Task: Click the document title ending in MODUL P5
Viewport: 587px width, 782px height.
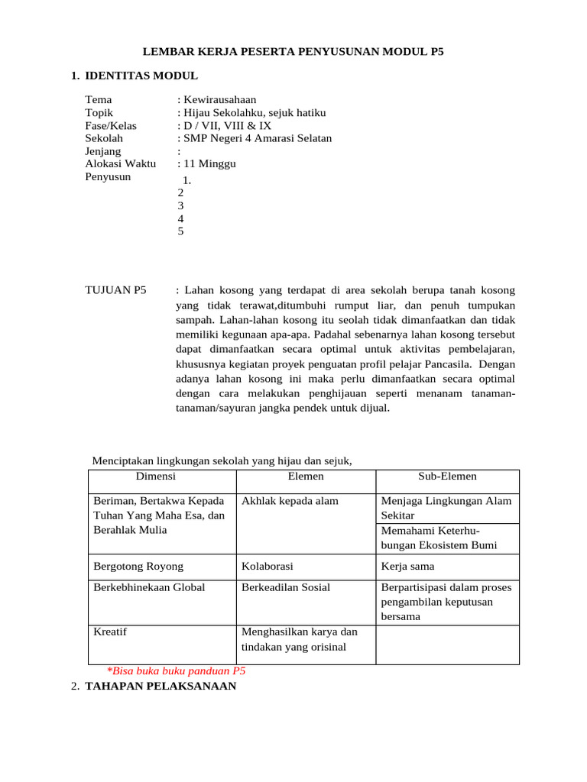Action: (x=293, y=51)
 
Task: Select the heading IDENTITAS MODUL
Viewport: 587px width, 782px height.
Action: (x=141, y=76)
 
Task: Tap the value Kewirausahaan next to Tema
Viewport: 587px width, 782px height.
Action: (x=219, y=99)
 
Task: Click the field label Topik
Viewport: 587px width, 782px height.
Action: (x=99, y=112)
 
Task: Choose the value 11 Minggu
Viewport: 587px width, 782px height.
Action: (x=209, y=164)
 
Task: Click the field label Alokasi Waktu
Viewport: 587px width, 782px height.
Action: (x=120, y=164)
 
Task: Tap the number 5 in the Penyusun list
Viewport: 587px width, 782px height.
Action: (x=180, y=231)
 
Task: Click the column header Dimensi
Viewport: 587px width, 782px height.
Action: (x=156, y=477)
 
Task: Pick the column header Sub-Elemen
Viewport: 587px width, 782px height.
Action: (x=447, y=477)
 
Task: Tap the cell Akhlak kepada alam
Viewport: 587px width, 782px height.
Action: (x=290, y=501)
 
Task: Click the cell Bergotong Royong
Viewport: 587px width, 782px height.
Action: (x=138, y=567)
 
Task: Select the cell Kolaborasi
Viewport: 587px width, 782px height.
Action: (x=268, y=567)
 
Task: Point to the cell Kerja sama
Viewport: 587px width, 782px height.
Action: (x=407, y=567)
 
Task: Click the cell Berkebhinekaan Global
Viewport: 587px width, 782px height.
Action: (x=149, y=587)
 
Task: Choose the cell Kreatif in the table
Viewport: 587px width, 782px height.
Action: (x=110, y=632)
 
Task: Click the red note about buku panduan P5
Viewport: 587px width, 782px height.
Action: (x=176, y=671)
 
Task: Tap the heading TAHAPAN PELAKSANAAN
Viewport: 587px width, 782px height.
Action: (x=161, y=686)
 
